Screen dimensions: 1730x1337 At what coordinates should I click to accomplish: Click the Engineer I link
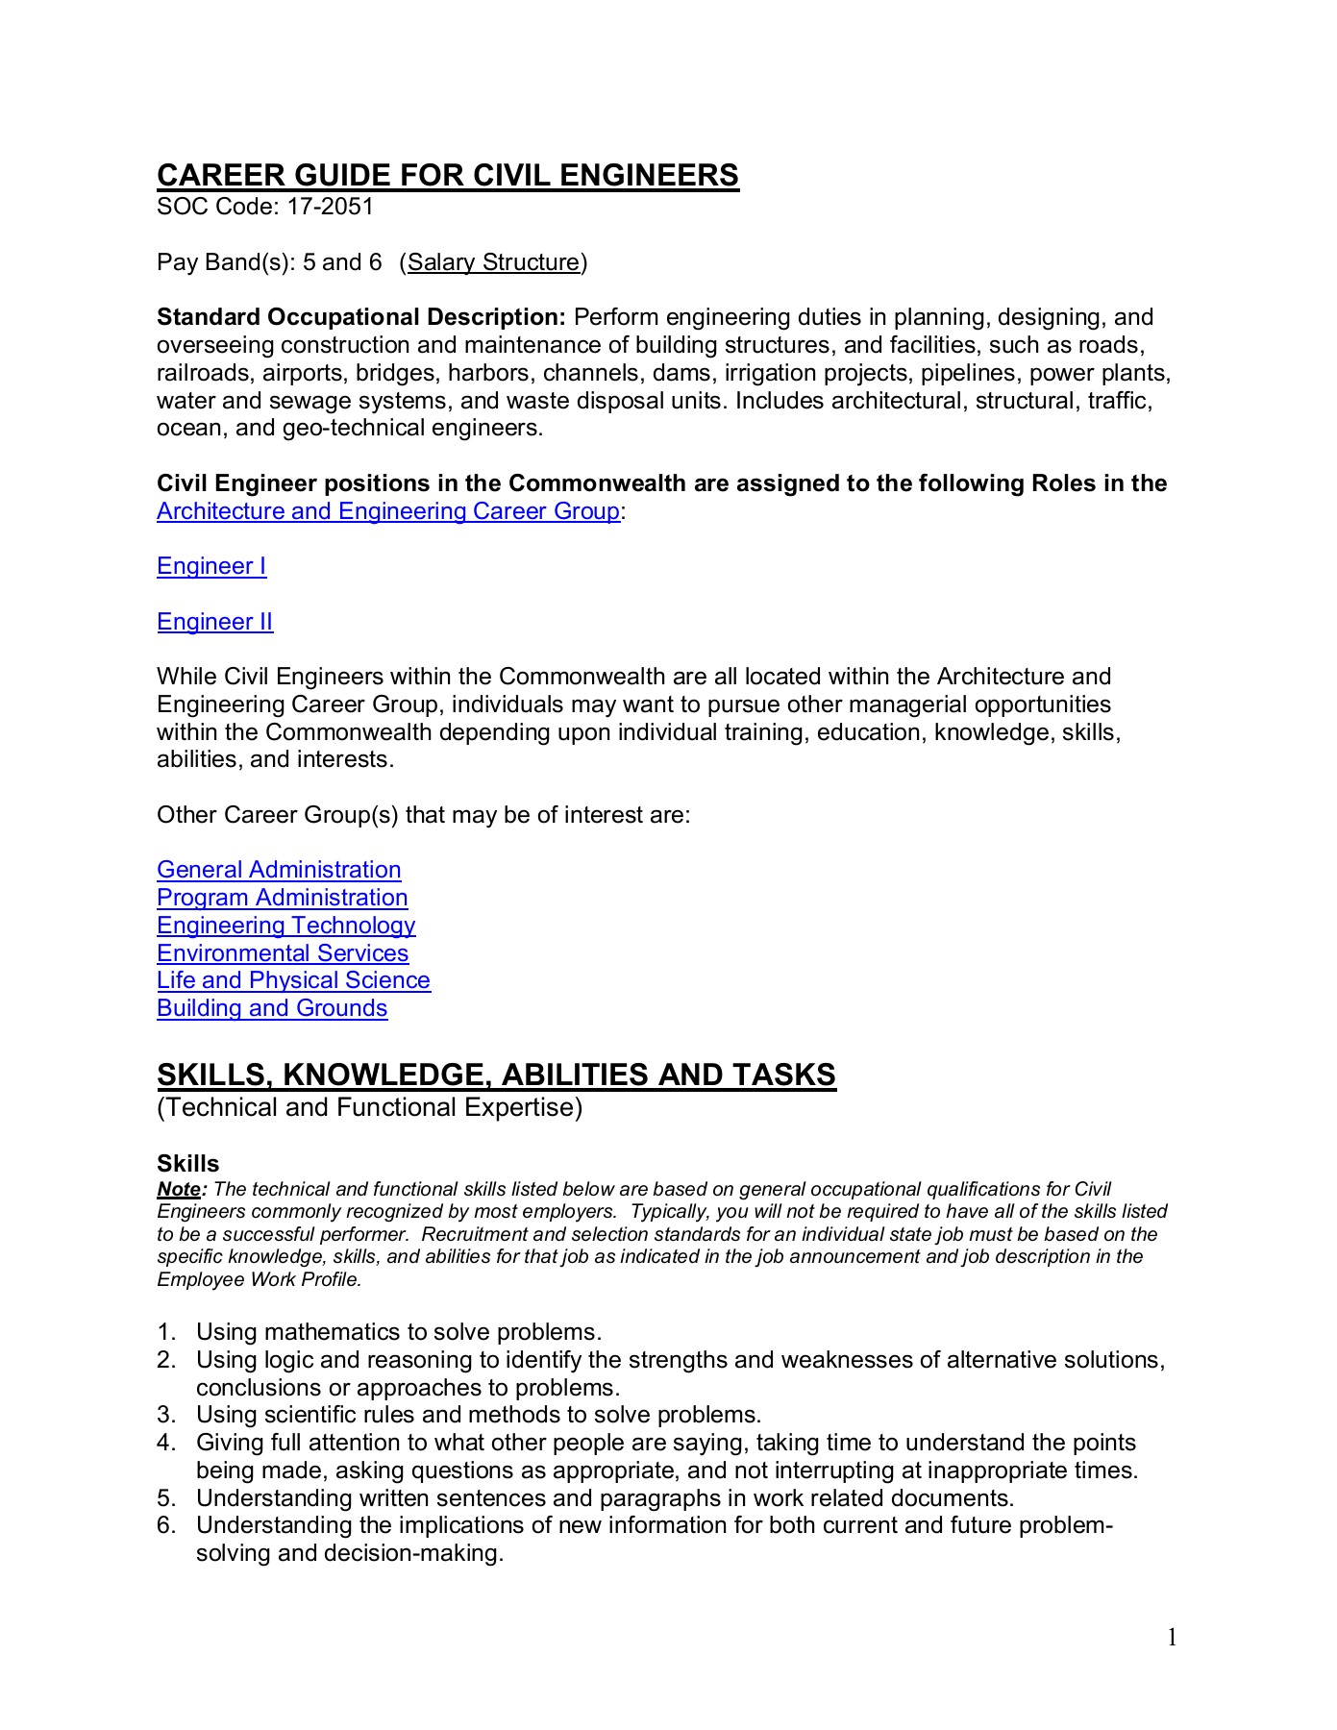click(x=211, y=566)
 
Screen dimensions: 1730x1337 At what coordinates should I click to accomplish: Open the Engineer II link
click(x=214, y=622)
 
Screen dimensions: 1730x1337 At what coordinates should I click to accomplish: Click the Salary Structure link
click(x=493, y=262)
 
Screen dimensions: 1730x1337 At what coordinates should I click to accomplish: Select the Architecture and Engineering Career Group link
click(x=387, y=510)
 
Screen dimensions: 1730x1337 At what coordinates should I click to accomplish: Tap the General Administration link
click(x=279, y=870)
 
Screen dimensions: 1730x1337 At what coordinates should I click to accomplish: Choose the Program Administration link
click(x=282, y=898)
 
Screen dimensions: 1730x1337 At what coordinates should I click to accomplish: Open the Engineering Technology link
click(x=285, y=926)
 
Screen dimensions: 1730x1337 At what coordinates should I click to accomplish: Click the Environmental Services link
click(x=283, y=953)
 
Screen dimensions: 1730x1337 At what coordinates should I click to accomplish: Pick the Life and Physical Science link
click(x=293, y=980)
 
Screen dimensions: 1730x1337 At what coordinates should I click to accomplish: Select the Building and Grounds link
click(x=272, y=1008)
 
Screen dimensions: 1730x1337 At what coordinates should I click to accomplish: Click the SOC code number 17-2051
click(x=330, y=207)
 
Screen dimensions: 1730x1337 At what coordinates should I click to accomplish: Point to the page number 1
click(x=1172, y=1638)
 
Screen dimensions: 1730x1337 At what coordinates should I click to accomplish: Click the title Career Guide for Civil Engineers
click(x=447, y=175)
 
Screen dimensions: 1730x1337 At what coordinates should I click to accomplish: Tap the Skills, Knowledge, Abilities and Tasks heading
click(x=496, y=1075)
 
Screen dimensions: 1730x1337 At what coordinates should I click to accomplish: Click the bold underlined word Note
click(x=180, y=1190)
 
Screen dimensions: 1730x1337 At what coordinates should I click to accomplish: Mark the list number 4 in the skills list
click(x=164, y=1443)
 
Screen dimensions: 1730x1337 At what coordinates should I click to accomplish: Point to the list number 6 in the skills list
click(x=164, y=1525)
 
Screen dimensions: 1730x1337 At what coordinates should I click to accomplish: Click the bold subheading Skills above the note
click(x=187, y=1164)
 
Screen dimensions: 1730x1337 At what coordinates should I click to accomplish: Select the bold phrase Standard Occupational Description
click(x=360, y=317)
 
